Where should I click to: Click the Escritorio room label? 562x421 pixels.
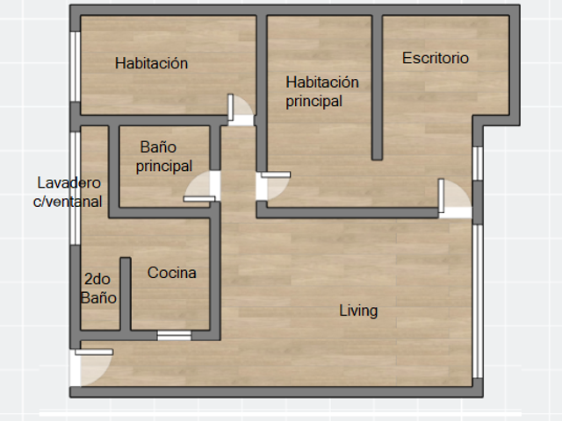click(436, 58)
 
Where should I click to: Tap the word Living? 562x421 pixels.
click(358, 310)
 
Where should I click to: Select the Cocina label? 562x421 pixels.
click(172, 273)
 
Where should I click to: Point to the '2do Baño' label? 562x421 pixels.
click(98, 289)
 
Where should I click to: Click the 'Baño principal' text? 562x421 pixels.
click(164, 157)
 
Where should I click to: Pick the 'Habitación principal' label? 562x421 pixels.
click(322, 91)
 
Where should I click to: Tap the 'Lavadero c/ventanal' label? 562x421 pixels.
click(68, 192)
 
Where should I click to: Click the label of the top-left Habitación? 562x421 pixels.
click(151, 63)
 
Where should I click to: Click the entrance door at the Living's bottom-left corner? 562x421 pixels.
click(91, 367)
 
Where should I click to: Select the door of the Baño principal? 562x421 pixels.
click(202, 186)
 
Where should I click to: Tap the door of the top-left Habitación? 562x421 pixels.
click(241, 111)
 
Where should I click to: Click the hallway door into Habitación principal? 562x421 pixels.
click(273, 185)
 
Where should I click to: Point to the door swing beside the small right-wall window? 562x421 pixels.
click(455, 198)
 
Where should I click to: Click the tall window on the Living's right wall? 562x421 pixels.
click(478, 301)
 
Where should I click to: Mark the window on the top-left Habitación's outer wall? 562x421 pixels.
click(75, 67)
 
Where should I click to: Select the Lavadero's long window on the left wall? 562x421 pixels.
click(75, 189)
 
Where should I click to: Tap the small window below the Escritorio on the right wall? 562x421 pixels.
click(478, 164)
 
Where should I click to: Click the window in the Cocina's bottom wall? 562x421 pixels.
click(174, 335)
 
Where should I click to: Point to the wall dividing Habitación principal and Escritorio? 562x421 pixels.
click(377, 88)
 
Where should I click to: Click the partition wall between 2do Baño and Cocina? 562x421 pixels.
click(125, 294)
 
